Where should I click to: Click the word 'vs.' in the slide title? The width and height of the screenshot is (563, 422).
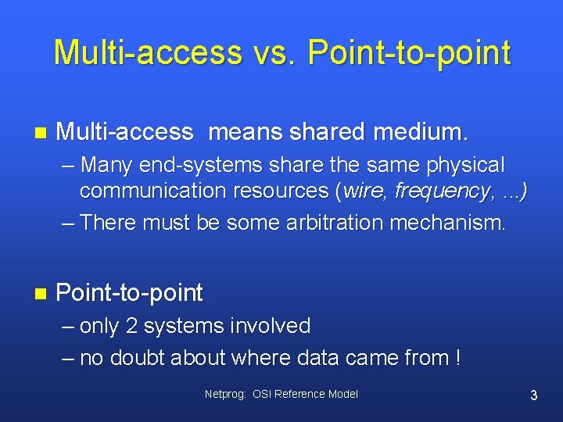[x=274, y=52]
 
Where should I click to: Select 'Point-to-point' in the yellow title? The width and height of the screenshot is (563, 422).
[x=409, y=52]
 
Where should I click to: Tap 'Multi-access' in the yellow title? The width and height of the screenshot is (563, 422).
[x=148, y=52]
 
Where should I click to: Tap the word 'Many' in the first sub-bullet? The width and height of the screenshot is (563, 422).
[x=106, y=166]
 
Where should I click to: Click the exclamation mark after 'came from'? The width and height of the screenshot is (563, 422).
[x=456, y=358]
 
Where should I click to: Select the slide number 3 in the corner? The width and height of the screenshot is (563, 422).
[x=533, y=395]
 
